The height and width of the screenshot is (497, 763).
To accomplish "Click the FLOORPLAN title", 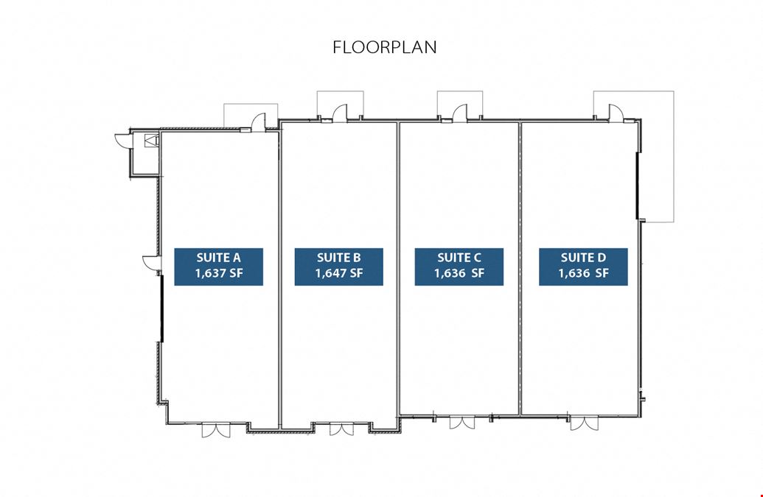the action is click(x=384, y=47).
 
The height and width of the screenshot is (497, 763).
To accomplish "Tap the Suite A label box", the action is click(x=218, y=267).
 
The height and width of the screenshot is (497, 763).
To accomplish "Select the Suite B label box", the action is click(x=338, y=267).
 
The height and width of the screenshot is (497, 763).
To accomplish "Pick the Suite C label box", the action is click(x=459, y=267).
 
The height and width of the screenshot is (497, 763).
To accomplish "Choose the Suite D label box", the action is click(x=583, y=267).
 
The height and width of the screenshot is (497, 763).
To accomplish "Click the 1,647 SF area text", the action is click(x=338, y=273).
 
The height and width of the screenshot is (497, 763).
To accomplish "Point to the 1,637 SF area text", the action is click(x=218, y=273).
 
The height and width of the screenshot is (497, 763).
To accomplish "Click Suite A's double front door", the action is click(x=216, y=429).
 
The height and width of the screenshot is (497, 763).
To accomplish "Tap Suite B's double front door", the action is click(x=341, y=429).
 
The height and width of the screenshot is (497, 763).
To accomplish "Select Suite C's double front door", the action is click(x=461, y=422).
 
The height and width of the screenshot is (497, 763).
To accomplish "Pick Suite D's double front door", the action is click(x=585, y=422).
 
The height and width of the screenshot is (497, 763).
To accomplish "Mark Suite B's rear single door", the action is click(x=340, y=112).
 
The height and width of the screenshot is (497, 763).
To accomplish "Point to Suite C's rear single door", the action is click(x=460, y=112).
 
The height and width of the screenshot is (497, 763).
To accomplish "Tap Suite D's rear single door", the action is click(x=616, y=112).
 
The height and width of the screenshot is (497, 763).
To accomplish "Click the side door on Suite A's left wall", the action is click(x=152, y=263).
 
